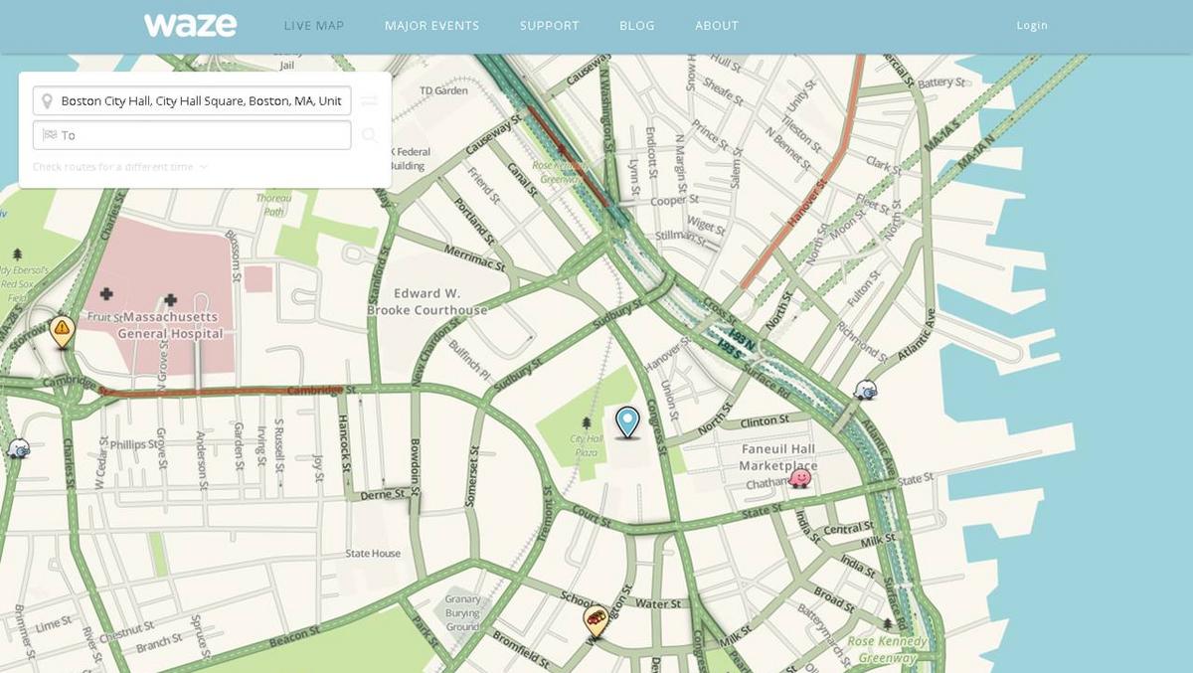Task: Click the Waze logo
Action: (190, 25)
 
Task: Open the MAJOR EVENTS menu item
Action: (431, 26)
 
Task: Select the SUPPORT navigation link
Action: (549, 26)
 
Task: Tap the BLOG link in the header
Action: (636, 26)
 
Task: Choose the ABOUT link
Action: (717, 26)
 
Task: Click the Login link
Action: (1032, 26)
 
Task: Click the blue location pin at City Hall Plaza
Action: (627, 421)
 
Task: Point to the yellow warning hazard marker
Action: (63, 329)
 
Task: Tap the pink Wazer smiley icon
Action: (799, 478)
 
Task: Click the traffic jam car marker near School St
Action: (596, 621)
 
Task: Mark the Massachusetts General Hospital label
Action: (170, 325)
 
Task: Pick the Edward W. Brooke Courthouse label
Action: (427, 302)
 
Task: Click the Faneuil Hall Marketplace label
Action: (779, 457)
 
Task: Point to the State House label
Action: (373, 554)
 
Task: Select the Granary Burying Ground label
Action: (462, 613)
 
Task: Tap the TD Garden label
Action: (443, 90)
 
